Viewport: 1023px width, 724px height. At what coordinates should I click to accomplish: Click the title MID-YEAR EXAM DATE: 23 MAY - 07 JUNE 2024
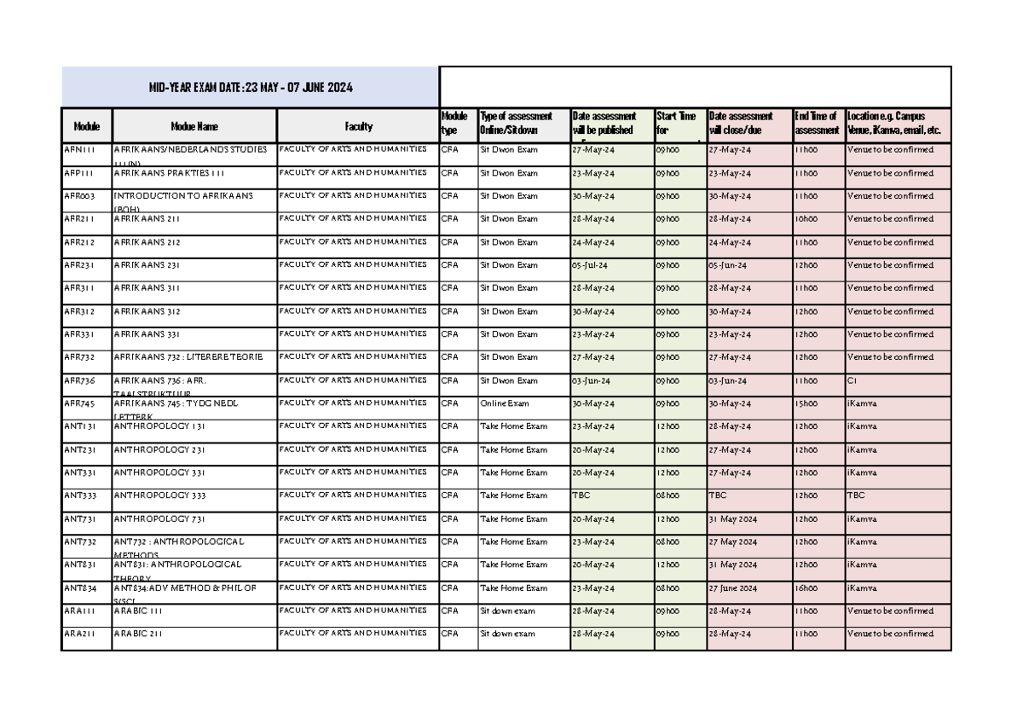click(x=250, y=88)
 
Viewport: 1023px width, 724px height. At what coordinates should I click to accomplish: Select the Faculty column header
click(x=358, y=126)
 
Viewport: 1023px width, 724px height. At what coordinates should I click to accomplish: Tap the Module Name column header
click(x=194, y=126)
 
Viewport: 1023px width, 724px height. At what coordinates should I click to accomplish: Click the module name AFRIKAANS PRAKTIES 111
click(x=170, y=173)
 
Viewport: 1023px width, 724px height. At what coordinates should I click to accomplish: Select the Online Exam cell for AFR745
click(x=505, y=403)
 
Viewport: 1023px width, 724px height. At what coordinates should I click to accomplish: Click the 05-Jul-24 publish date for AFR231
click(x=590, y=265)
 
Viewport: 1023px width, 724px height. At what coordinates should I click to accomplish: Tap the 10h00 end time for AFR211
click(x=806, y=219)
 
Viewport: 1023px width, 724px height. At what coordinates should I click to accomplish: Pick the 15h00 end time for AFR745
click(x=806, y=403)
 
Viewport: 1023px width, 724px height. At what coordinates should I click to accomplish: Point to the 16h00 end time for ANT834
click(x=806, y=588)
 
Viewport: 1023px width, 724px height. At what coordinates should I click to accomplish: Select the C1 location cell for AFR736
click(x=852, y=380)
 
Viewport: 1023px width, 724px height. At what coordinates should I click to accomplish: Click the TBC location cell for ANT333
click(x=855, y=495)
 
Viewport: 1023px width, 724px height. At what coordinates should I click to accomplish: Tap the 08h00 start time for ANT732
click(x=668, y=542)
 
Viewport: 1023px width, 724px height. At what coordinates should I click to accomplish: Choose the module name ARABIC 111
click(x=139, y=611)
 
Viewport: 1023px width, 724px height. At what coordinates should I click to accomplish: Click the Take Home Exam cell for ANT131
click(x=513, y=426)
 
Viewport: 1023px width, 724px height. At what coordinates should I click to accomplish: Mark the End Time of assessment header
click(x=817, y=123)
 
